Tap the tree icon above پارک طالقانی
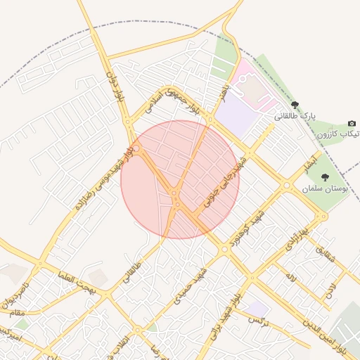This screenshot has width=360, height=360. pyautogui.click(x=295, y=104)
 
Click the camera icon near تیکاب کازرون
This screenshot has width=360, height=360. pyautogui.click(x=352, y=123)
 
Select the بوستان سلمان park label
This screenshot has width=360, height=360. pyautogui.click(x=326, y=189)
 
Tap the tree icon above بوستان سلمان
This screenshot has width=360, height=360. pyautogui.click(x=324, y=177)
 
